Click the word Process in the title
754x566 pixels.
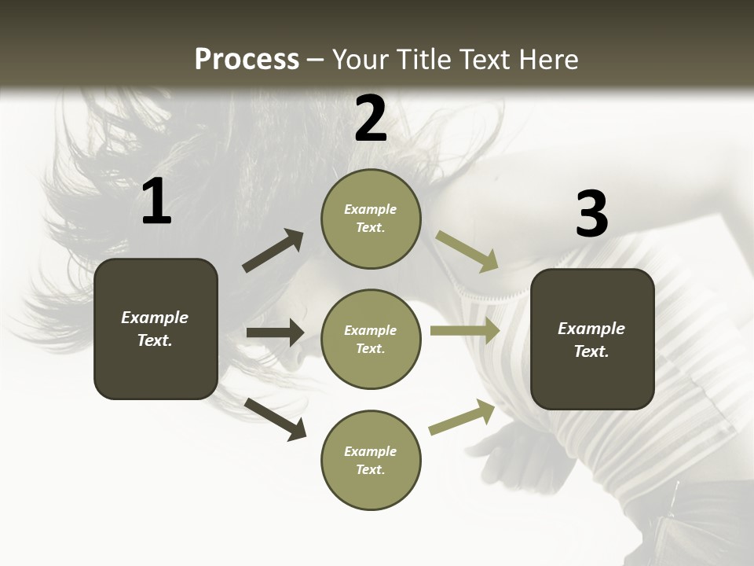[247, 60]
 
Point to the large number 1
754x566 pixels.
[156, 202]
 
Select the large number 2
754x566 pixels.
[371, 119]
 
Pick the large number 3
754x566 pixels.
[591, 215]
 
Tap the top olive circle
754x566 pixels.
[371, 219]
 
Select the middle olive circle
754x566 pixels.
[371, 340]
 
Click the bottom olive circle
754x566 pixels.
[371, 461]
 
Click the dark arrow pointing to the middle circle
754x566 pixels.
[275, 333]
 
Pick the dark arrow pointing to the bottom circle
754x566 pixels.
[276, 418]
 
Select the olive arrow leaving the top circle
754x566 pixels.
[467, 251]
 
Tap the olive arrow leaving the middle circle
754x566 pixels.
[465, 331]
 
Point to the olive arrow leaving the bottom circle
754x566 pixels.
[462, 417]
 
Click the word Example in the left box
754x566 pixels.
[155, 318]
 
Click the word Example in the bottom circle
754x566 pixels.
[370, 451]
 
